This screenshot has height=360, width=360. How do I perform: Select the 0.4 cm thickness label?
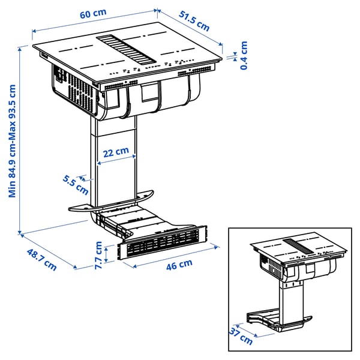coord(244,55)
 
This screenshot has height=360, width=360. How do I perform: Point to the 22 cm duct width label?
coord(116,152)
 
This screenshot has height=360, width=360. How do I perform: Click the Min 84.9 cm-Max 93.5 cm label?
coord(13,140)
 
